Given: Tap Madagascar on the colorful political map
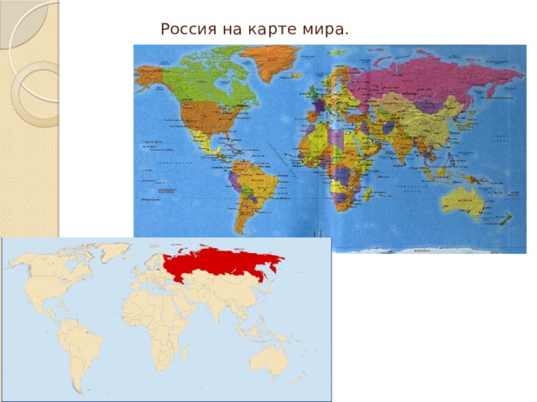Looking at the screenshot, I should pyautogui.click(x=367, y=195).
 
